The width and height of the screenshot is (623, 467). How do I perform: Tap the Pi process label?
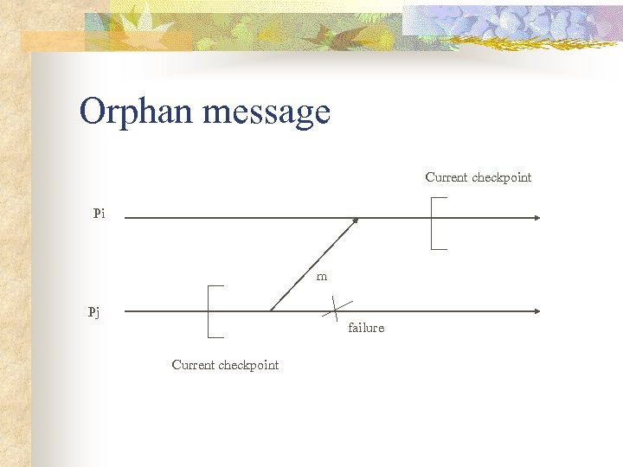point(100,213)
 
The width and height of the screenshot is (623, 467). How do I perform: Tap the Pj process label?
point(93,312)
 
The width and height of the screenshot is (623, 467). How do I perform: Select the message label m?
point(322,277)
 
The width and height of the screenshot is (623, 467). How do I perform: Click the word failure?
point(366,328)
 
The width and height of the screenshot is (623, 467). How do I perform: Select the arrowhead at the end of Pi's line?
point(536,218)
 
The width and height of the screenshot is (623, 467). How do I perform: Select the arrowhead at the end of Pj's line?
point(536,310)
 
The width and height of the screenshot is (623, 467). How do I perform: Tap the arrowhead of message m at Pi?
point(355,221)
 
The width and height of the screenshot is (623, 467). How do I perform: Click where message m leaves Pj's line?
point(271,310)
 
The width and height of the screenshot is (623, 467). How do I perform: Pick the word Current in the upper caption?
point(446,177)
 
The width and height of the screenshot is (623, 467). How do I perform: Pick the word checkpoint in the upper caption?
point(502,177)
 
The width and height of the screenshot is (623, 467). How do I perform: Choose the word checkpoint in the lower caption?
point(248,365)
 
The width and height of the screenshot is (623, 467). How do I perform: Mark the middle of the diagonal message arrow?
point(313,265)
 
